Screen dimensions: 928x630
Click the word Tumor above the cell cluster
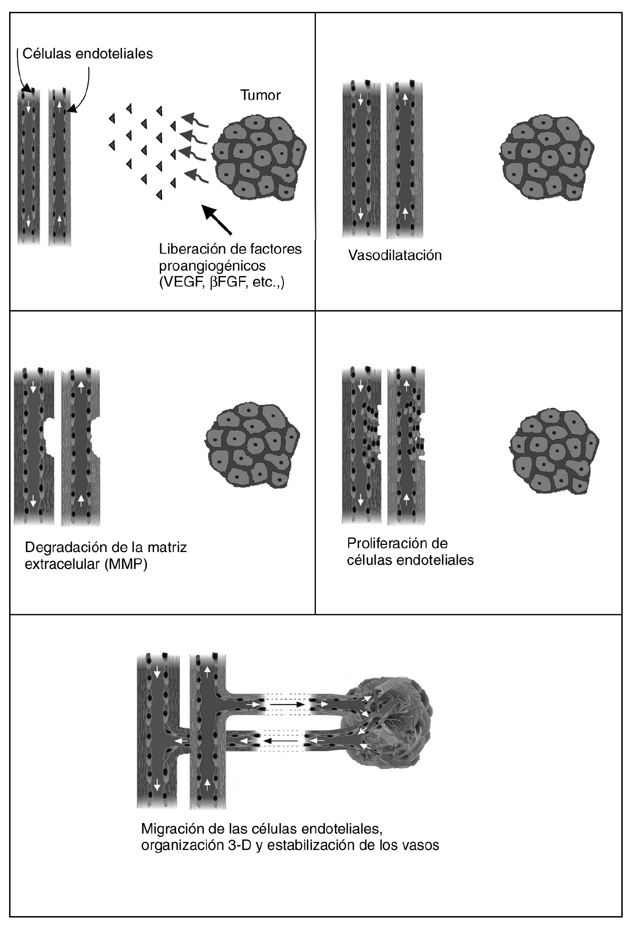[260, 95]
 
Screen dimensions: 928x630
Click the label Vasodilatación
[395, 255]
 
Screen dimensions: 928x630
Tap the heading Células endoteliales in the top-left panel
[88, 53]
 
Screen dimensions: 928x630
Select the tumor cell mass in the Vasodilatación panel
[546, 156]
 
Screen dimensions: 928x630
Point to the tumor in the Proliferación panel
[554, 450]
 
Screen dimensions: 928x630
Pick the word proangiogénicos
[212, 266]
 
